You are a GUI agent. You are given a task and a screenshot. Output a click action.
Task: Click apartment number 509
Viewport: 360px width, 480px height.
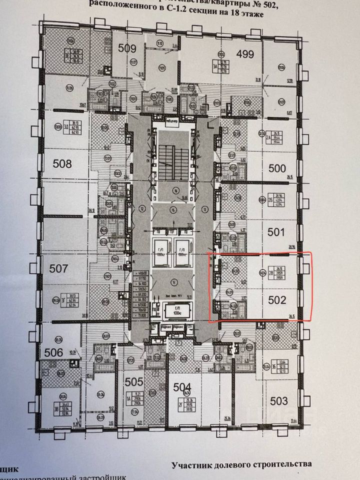pos(127,48)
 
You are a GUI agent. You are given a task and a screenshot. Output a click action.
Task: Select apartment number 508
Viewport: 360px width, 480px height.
pos(62,163)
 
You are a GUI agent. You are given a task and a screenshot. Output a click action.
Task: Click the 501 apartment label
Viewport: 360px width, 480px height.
pos(276,232)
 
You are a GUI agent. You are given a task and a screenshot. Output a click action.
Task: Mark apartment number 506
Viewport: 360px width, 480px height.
pos(52,352)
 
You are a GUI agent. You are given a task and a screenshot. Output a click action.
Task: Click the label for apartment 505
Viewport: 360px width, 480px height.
pos(134,382)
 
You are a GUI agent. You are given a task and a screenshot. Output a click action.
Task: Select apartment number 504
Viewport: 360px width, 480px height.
pos(182,386)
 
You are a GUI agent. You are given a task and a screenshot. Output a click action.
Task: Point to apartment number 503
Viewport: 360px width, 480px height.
pos(278,400)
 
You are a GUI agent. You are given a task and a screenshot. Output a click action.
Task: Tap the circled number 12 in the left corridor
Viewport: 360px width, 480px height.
pos(142,209)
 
